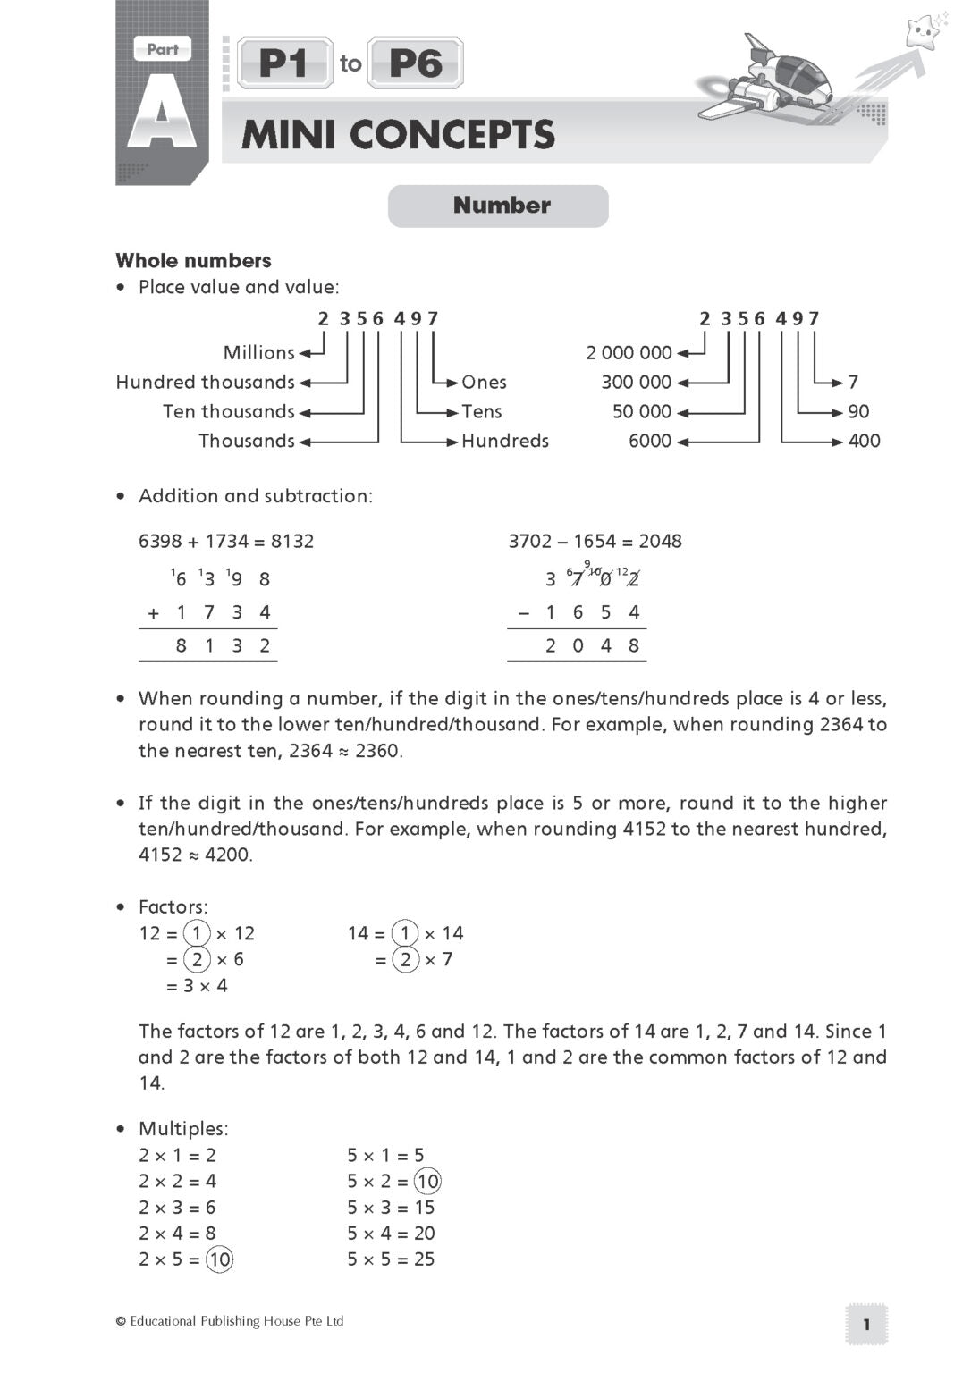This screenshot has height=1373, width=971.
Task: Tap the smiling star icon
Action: tap(920, 34)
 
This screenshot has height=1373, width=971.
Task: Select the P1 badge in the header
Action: tap(284, 63)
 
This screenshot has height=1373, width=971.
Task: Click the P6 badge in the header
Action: tap(416, 63)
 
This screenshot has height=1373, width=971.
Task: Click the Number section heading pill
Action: tap(498, 206)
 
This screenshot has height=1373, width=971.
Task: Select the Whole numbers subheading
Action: tap(193, 261)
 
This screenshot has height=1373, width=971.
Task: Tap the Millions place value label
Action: tap(258, 352)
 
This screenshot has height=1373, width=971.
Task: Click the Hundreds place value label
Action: tap(504, 441)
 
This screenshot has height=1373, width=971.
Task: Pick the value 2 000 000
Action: tap(629, 352)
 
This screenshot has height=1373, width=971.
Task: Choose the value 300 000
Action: tap(636, 382)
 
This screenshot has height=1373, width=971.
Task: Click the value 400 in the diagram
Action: tap(864, 441)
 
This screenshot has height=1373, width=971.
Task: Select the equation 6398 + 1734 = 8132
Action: tap(226, 541)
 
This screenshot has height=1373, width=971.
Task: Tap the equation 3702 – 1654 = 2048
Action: tap(595, 541)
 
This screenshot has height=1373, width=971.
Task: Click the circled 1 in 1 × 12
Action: tap(197, 933)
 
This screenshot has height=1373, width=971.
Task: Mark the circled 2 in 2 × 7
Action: tap(405, 959)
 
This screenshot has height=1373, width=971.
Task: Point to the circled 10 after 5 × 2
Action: tap(428, 1181)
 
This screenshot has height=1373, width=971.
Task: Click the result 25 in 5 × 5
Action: tap(425, 1259)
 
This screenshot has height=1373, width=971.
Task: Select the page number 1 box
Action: tap(865, 1324)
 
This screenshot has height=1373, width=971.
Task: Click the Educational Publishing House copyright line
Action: tap(230, 1321)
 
